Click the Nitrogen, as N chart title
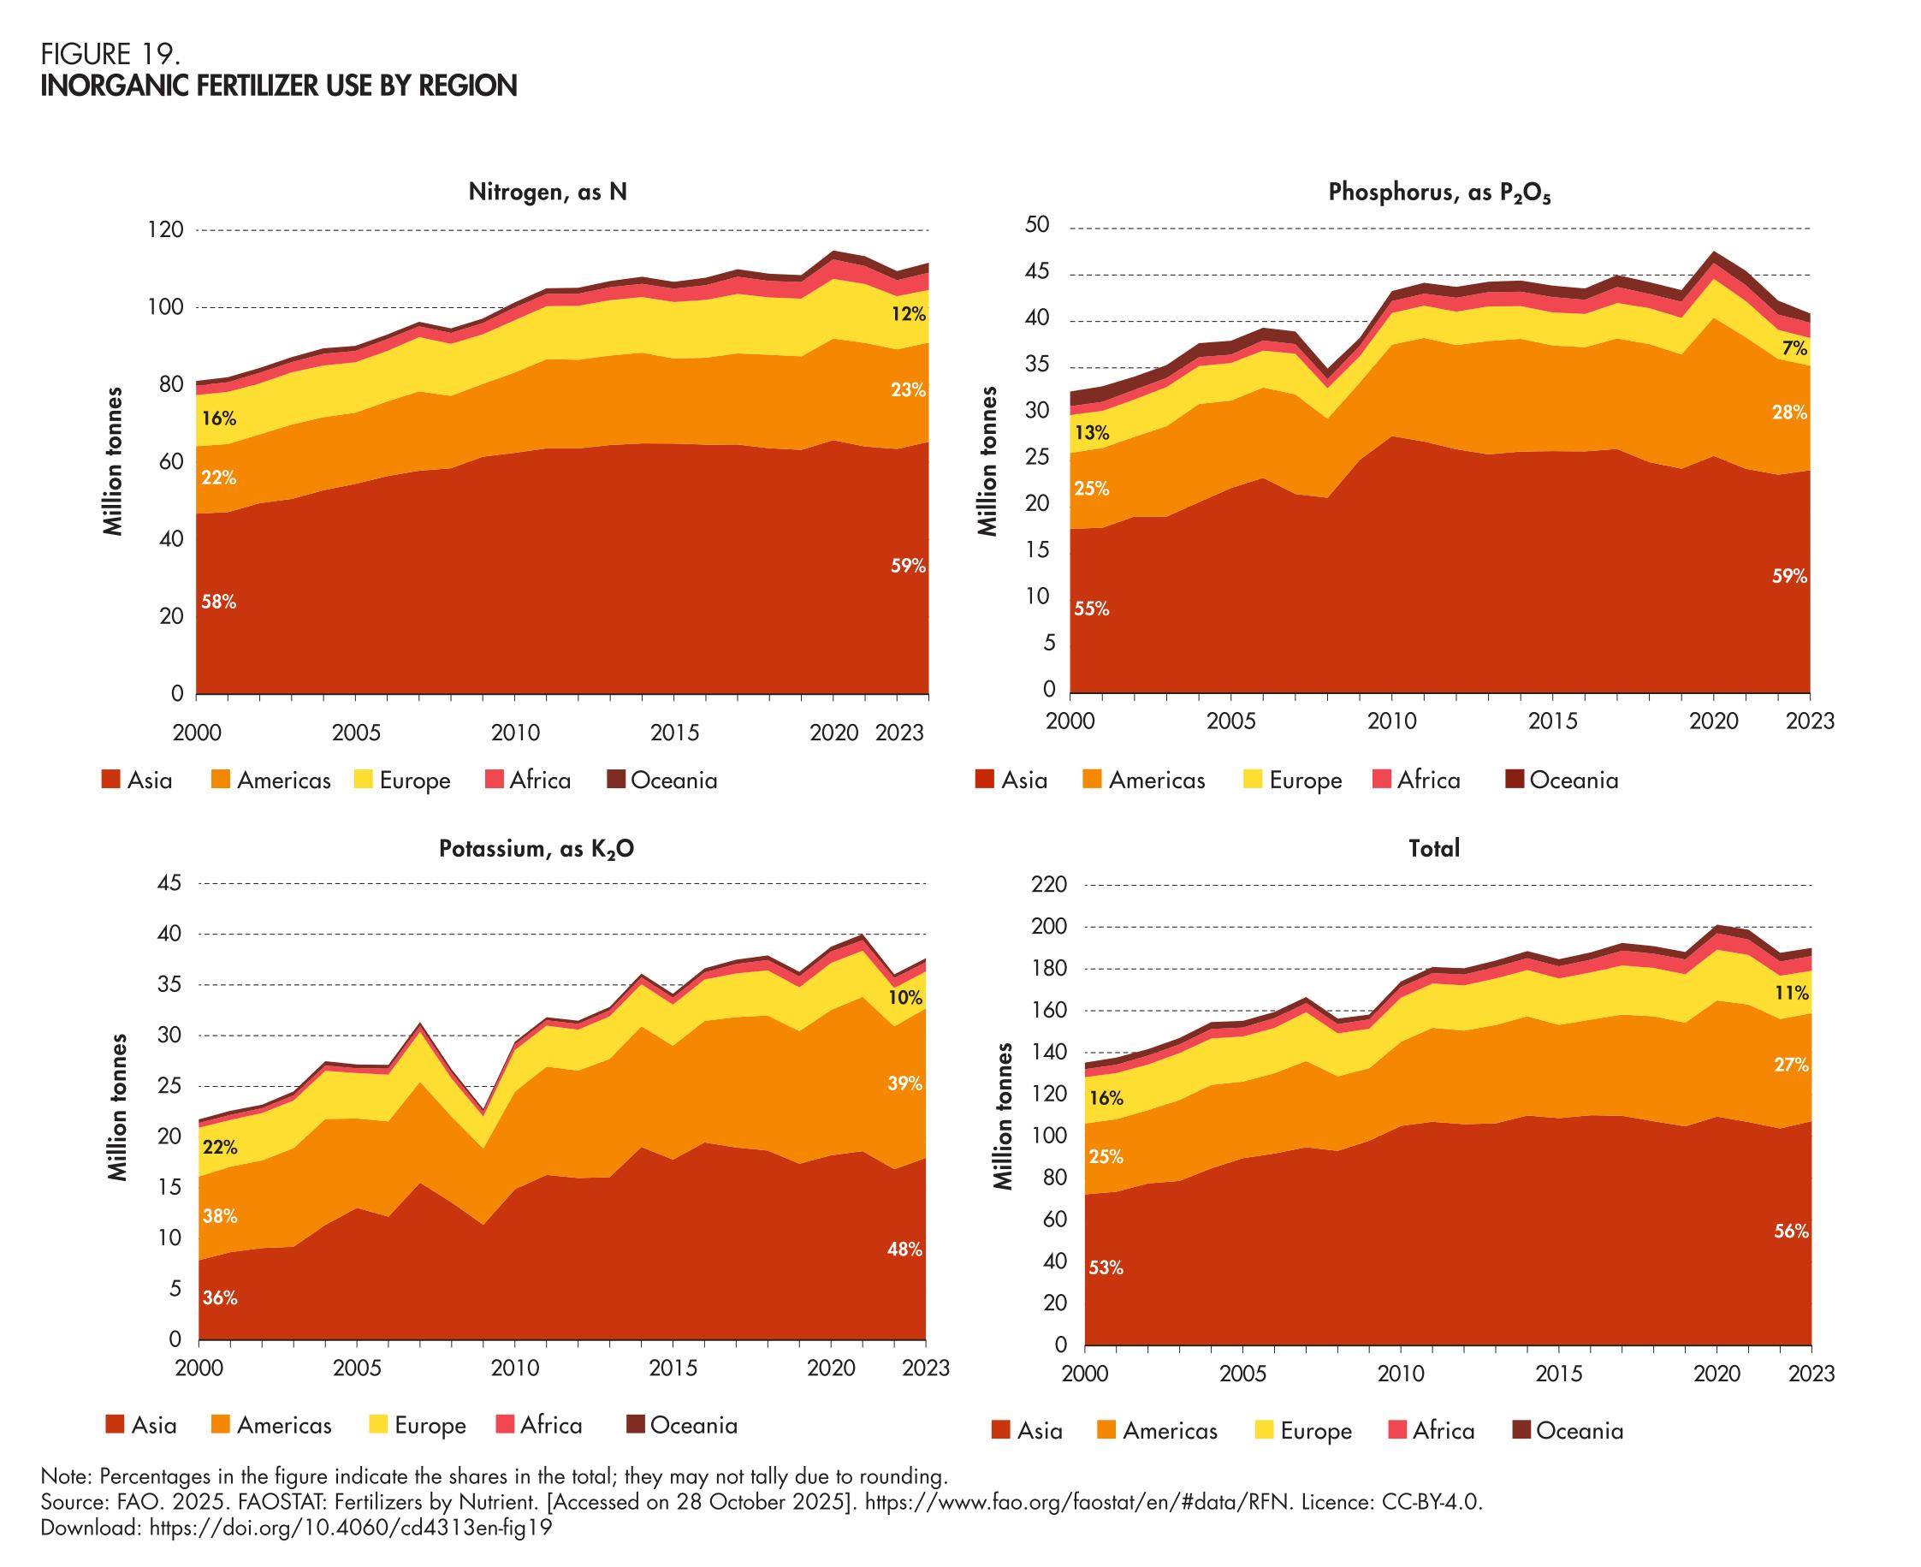547,193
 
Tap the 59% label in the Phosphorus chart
1789,576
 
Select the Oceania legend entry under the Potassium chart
682,1424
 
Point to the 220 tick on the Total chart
1050,885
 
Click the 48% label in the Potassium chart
904,1249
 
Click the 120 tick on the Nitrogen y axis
165,230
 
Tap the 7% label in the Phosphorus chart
1794,348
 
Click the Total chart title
1434,848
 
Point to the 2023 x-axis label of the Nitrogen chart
899,732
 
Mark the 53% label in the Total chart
1106,1267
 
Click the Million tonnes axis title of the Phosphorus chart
989,461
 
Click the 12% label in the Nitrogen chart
908,314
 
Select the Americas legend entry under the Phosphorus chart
1144,780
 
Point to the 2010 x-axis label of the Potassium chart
514,1368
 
